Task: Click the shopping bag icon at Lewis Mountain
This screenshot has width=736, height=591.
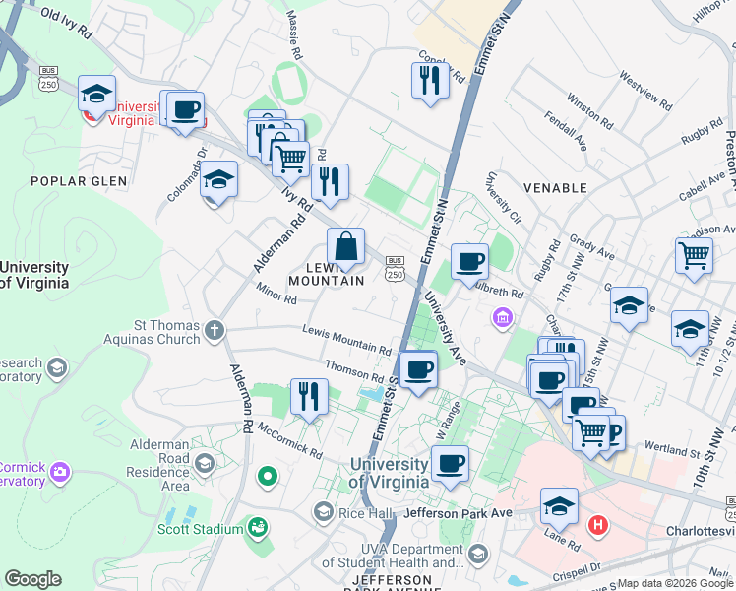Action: [x=345, y=247]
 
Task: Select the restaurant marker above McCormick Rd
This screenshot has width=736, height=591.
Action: [x=309, y=397]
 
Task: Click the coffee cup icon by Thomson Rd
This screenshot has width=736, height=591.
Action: [x=419, y=369]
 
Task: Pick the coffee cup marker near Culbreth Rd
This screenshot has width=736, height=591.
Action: [x=469, y=262]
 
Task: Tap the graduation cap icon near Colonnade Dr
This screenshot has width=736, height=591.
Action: [x=218, y=180]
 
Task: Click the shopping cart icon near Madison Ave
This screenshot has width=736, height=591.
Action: [x=694, y=255]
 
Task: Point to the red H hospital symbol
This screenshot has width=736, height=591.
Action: [x=596, y=524]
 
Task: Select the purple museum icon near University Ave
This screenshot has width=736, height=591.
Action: [x=503, y=318]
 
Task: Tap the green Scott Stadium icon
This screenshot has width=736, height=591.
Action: [x=258, y=529]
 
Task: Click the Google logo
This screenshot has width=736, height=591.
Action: [x=33, y=579]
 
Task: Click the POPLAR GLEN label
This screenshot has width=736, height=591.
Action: [x=79, y=180]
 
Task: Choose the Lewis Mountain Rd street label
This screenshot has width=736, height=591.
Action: [x=346, y=341]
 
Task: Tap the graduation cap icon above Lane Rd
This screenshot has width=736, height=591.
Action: [x=559, y=505]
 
